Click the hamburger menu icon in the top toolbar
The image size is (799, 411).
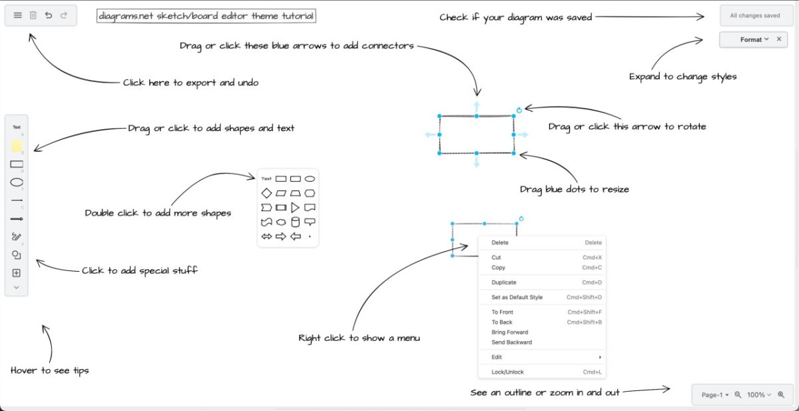[18, 15]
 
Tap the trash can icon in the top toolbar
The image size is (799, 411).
[33, 15]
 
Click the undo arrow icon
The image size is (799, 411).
[49, 15]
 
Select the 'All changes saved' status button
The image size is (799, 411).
[755, 16]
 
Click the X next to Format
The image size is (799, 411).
[779, 39]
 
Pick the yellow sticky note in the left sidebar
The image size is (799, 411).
[17, 146]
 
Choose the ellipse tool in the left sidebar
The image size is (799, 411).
[17, 183]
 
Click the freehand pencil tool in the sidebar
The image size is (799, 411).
[17, 236]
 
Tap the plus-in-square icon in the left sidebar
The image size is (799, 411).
[17, 273]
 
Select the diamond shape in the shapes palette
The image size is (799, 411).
[266, 193]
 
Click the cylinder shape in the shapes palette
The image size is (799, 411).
[296, 222]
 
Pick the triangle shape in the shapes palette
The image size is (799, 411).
[295, 207]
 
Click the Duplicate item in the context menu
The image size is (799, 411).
[503, 282]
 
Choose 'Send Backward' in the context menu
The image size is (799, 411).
[511, 342]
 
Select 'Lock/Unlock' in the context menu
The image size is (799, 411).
[507, 372]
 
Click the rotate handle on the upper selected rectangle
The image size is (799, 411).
[519, 110]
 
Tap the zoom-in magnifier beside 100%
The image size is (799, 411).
[781, 394]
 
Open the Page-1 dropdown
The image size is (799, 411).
[715, 395]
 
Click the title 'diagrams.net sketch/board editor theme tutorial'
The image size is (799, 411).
[206, 16]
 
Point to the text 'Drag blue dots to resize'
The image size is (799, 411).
[574, 189]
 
